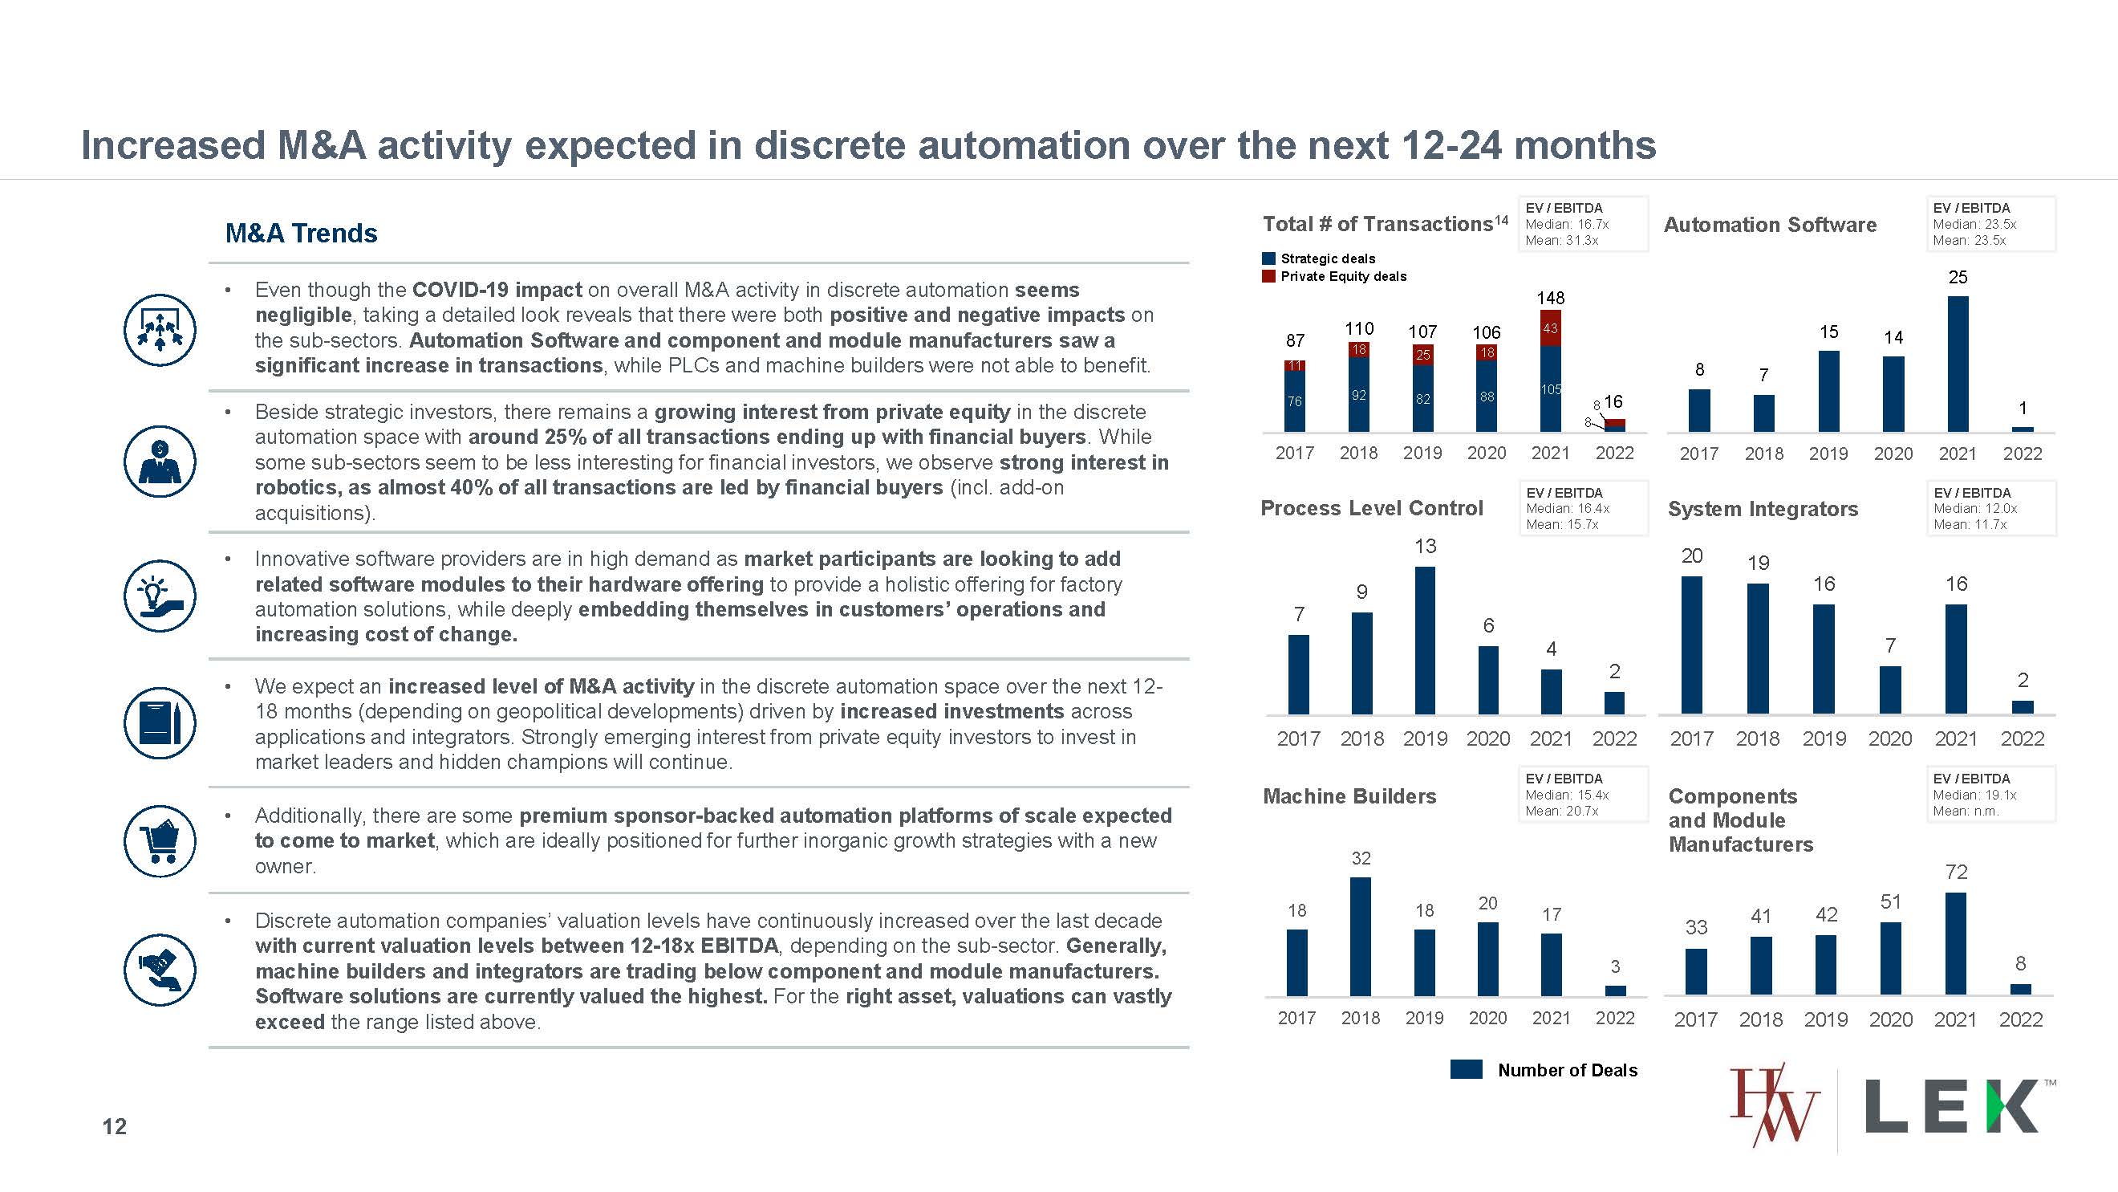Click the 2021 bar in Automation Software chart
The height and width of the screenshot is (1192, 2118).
point(1958,364)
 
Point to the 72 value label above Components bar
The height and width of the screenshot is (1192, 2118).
point(1957,872)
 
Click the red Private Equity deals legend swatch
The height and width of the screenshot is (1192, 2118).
point(1268,276)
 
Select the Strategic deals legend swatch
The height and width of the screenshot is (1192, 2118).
point(1268,258)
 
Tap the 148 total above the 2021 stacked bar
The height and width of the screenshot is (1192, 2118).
point(1551,298)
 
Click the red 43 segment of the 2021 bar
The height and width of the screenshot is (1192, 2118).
point(1551,328)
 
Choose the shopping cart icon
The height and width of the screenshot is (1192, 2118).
point(160,840)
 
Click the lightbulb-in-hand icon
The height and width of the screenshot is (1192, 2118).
point(160,596)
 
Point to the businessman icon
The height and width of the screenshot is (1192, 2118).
point(160,461)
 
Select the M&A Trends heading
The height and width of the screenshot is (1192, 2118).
point(301,234)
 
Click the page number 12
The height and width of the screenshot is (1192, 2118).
point(114,1126)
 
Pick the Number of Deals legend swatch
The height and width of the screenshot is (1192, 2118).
point(1466,1069)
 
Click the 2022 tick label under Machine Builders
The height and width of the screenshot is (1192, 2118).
point(1615,1019)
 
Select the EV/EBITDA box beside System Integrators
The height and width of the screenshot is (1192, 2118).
point(1990,508)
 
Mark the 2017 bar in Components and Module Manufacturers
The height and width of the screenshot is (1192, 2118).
point(1696,971)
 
